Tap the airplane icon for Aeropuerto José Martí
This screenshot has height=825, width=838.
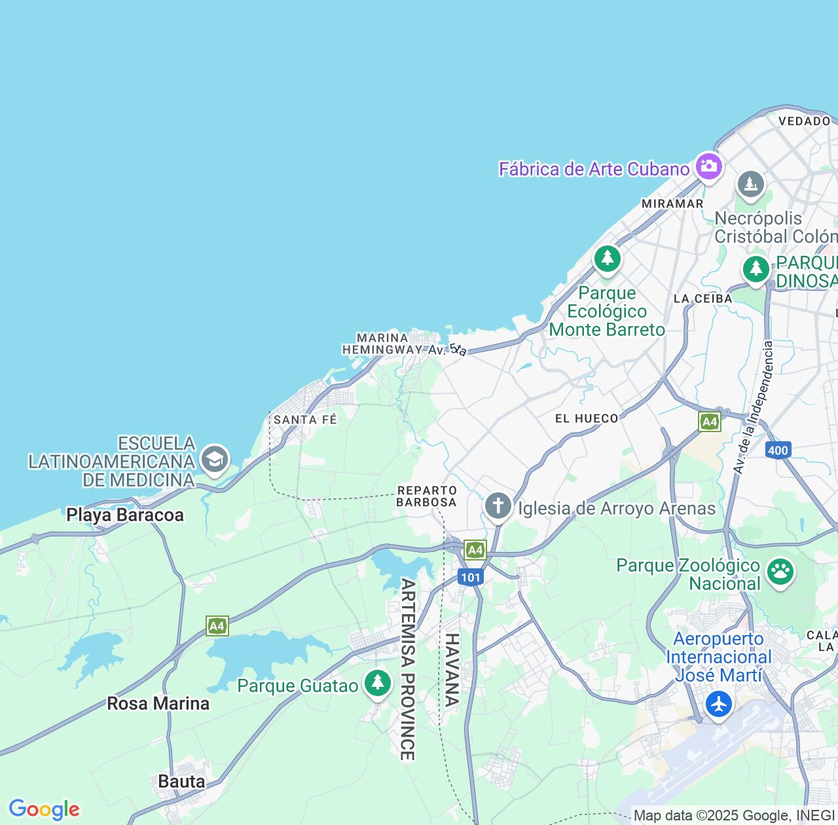pyautogui.click(x=719, y=705)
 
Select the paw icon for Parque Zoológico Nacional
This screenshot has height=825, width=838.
pyautogui.click(x=780, y=572)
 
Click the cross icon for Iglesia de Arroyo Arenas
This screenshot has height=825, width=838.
pyautogui.click(x=498, y=506)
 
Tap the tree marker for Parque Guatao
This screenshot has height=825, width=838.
pyautogui.click(x=377, y=683)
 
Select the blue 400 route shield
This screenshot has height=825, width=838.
pyautogui.click(x=778, y=450)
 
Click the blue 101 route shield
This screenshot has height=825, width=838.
pyautogui.click(x=470, y=577)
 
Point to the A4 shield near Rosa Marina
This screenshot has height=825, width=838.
pyautogui.click(x=217, y=626)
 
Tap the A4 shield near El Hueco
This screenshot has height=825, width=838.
pyautogui.click(x=710, y=422)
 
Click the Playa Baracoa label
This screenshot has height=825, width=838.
pyautogui.click(x=125, y=515)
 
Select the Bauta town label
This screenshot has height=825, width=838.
pyautogui.click(x=181, y=781)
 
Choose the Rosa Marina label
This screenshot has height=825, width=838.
pyautogui.click(x=158, y=704)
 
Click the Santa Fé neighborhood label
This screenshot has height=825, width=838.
pyautogui.click(x=305, y=419)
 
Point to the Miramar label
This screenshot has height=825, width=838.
pyautogui.click(x=672, y=204)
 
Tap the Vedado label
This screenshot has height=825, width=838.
pyautogui.click(x=805, y=121)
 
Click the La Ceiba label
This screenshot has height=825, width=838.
pyautogui.click(x=702, y=299)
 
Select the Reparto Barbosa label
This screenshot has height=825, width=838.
pyautogui.click(x=426, y=496)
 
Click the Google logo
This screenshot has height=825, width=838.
pyautogui.click(x=44, y=809)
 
